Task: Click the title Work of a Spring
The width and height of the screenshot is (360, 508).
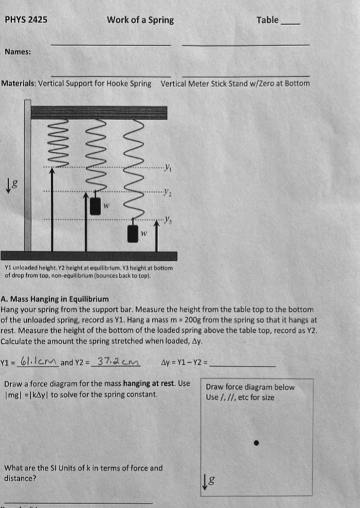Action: pyautogui.click(x=140, y=20)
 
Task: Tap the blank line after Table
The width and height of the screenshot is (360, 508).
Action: pyautogui.click(x=290, y=23)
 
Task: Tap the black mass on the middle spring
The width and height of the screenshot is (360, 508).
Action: pyautogui.click(x=96, y=206)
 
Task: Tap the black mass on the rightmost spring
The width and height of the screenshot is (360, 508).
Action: pyautogui.click(x=134, y=234)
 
